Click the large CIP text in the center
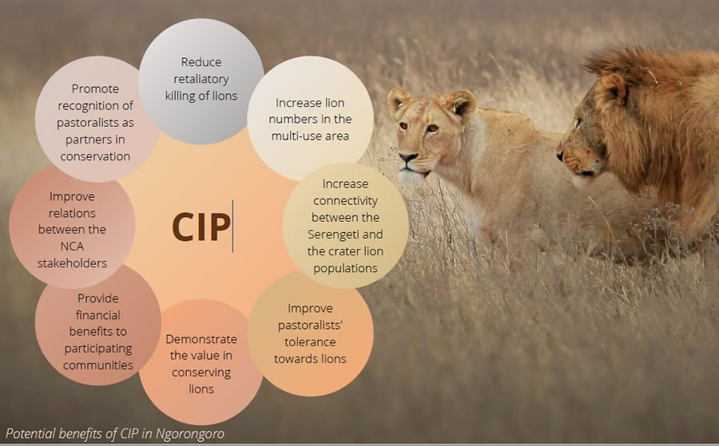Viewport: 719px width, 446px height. [201, 227]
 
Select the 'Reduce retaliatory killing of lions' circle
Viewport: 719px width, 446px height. [201, 81]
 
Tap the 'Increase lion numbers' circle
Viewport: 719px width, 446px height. [311, 119]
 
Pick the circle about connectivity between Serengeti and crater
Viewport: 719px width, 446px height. [345, 225]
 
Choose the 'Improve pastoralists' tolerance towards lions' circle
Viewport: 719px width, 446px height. [311, 334]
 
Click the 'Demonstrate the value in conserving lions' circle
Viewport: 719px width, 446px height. [201, 362]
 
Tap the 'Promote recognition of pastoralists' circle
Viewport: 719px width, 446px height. [97, 119]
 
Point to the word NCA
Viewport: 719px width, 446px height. [72, 247]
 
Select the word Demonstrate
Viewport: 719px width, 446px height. [201, 339]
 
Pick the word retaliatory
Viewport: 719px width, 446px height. [201, 79]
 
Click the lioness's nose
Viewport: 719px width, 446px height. [407, 157]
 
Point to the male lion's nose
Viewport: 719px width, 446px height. [560, 156]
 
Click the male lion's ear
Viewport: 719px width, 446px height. [613, 89]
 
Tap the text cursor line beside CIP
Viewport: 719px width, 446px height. [233, 227]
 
